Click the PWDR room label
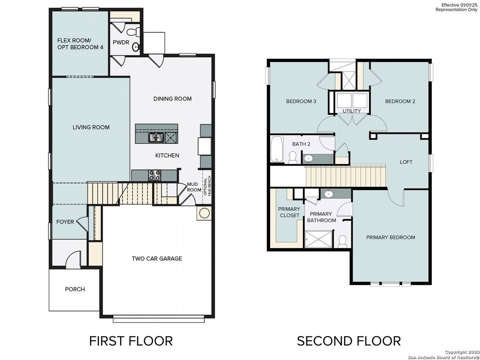coord(121,42)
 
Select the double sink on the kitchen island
coord(156,138)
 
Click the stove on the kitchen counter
coord(155,175)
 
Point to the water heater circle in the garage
coord(204,213)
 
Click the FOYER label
coord(65,222)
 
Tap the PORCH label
coord(75,289)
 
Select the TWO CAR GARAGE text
coord(157,258)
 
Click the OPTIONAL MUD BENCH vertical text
coord(207,186)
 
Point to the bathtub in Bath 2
coord(277,149)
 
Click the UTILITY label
coord(351,111)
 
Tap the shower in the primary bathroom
coord(318,239)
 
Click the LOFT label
coord(406,162)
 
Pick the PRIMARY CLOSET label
coord(289,212)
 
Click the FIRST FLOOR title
coord(131,341)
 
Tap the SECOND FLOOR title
coord(349,341)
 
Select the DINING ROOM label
coord(172,99)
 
